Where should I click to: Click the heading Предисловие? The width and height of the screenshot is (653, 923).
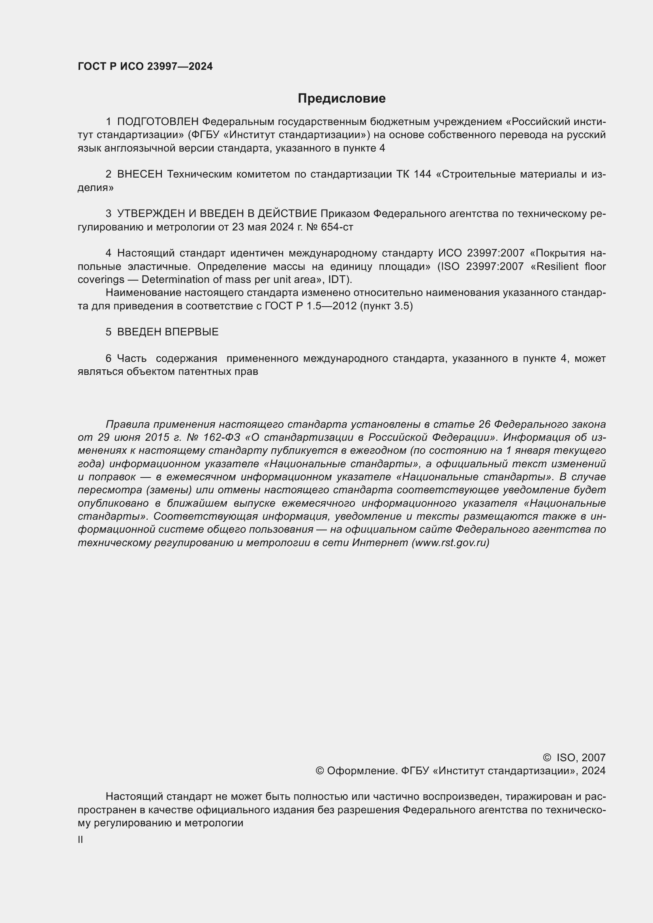(x=342, y=99)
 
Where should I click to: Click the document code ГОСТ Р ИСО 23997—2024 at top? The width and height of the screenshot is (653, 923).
(x=145, y=67)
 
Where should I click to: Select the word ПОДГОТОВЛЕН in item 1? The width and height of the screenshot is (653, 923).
(x=158, y=122)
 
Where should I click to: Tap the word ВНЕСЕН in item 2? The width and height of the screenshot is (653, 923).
(x=140, y=174)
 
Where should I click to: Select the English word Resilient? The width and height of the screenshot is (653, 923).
(x=557, y=266)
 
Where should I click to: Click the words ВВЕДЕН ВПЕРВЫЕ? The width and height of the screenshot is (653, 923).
(x=168, y=332)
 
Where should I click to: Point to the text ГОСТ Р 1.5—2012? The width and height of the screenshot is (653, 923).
(x=310, y=306)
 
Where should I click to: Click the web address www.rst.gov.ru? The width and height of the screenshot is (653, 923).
(x=450, y=543)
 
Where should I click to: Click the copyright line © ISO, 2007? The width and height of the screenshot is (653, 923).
(x=574, y=758)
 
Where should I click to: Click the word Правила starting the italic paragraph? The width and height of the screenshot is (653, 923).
(x=128, y=424)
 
